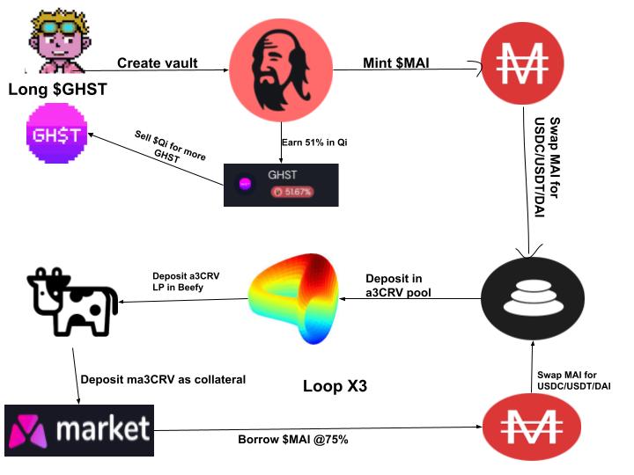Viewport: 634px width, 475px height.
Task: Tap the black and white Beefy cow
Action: [70, 301]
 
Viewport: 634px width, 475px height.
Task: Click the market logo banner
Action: [78, 429]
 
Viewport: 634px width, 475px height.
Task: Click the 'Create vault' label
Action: [158, 63]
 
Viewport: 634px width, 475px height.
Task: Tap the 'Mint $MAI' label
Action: [398, 63]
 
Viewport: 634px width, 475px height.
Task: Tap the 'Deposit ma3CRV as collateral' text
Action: [163, 379]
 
